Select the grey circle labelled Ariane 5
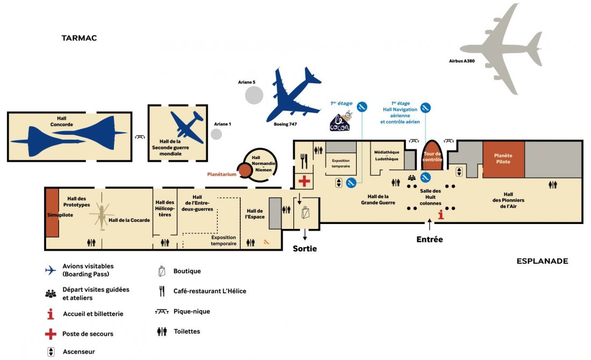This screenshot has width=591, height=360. (254, 95)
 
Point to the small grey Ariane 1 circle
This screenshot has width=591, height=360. (217, 134)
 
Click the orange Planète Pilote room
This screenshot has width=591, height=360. (503, 159)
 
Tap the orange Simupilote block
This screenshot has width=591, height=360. (52, 212)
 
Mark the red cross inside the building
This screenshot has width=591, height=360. (304, 181)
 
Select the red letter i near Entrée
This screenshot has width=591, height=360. (441, 215)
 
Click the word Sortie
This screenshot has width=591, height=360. (305, 248)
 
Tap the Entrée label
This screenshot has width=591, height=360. (430, 239)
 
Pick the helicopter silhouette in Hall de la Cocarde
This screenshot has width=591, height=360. (102, 216)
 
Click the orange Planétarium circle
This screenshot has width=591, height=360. (245, 171)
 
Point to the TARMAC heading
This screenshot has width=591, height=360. (79, 38)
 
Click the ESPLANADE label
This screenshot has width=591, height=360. (542, 261)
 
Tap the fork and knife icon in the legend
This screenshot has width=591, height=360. (162, 291)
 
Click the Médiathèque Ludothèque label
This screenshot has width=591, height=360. (387, 155)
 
